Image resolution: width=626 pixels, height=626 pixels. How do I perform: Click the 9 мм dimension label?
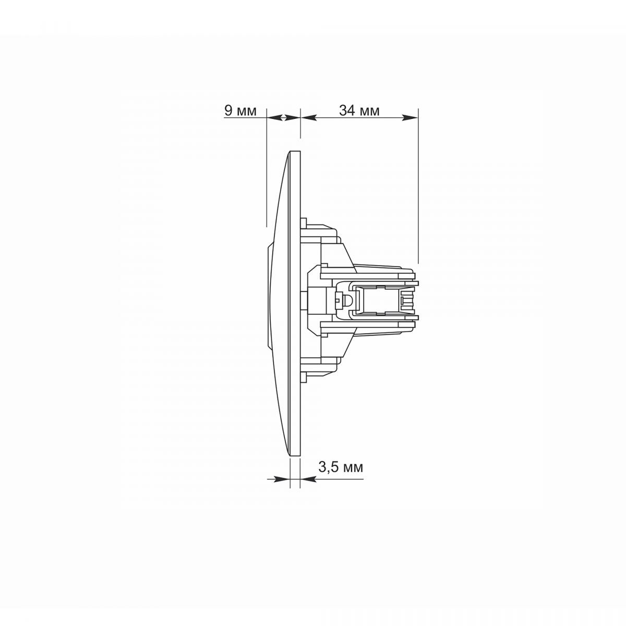(x=240, y=111)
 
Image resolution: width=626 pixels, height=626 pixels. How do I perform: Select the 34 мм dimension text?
(x=359, y=111)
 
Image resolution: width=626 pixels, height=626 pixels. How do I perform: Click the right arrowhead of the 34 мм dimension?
(x=410, y=118)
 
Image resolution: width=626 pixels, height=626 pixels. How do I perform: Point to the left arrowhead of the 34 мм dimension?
(x=309, y=118)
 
